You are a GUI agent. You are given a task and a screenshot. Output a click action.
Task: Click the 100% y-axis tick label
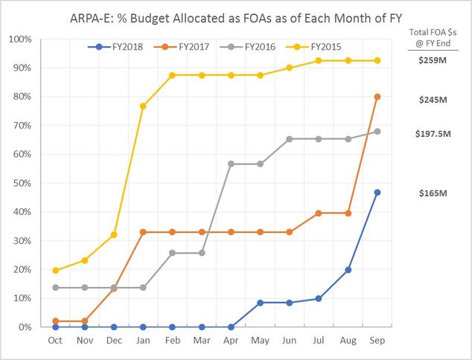(x=20, y=39)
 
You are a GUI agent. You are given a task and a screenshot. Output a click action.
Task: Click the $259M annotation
(x=433, y=60)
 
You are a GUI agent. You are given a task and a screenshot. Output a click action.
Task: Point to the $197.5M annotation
(x=433, y=134)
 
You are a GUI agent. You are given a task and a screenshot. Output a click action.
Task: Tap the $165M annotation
(x=433, y=193)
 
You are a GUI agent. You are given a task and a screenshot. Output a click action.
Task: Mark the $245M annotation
(x=433, y=100)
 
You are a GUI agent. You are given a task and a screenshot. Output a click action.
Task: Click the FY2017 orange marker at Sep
(x=377, y=97)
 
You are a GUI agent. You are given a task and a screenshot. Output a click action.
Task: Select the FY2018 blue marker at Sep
(x=377, y=192)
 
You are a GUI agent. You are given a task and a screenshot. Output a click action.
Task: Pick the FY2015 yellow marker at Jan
(x=143, y=106)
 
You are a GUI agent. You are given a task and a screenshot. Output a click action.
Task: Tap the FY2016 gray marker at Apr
(x=231, y=164)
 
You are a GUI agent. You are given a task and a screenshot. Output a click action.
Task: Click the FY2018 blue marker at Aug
(x=348, y=270)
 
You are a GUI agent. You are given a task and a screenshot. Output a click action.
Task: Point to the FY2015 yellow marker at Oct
(x=55, y=271)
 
